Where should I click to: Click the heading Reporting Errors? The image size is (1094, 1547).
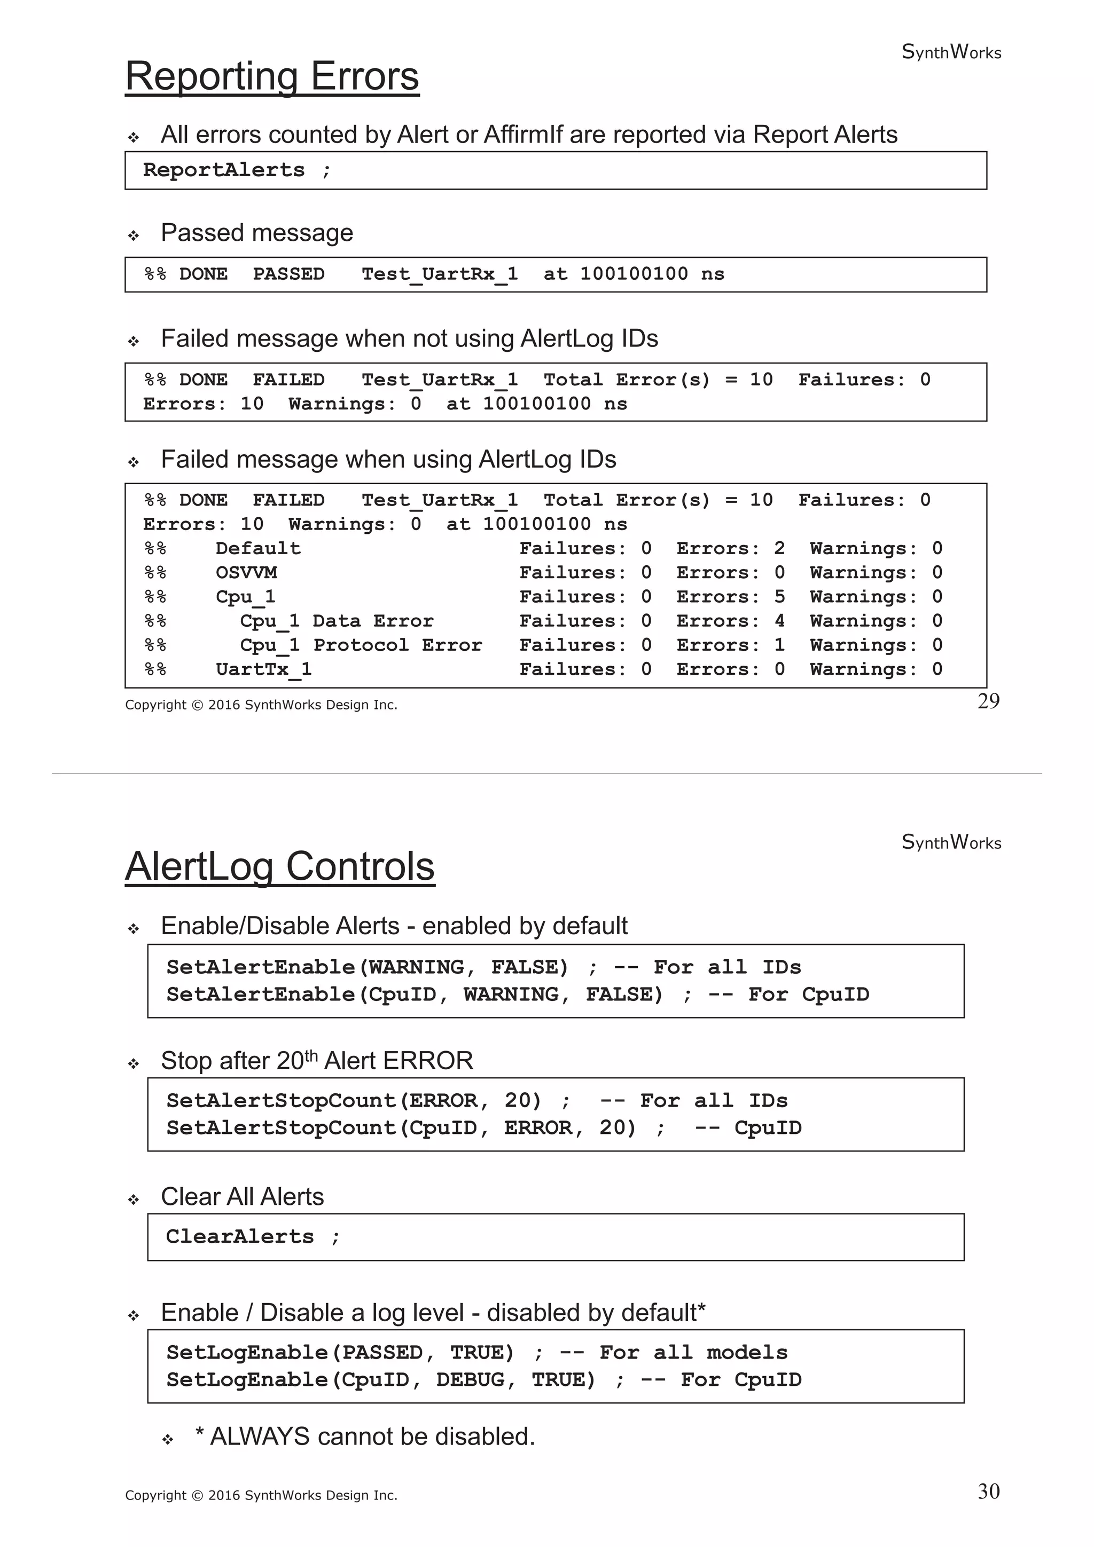[x=272, y=76]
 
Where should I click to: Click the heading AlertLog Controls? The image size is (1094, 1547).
[x=280, y=866]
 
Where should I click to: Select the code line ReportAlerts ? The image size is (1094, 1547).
[x=237, y=170]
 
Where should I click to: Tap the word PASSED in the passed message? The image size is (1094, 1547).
[x=288, y=274]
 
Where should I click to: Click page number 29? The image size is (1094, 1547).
[x=988, y=701]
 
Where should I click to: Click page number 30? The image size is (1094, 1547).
[x=988, y=1491]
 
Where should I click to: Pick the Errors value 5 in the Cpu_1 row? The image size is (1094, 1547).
[x=779, y=597]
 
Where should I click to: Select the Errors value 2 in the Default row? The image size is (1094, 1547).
[x=779, y=548]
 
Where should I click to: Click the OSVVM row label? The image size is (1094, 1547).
[x=246, y=573]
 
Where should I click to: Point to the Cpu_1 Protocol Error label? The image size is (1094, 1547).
[x=361, y=645]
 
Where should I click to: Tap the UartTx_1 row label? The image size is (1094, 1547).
[x=263, y=670]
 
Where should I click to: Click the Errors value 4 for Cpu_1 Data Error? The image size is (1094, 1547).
[x=779, y=621]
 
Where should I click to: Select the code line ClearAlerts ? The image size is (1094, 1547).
[x=253, y=1236]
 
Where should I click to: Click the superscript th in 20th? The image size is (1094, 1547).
[x=311, y=1055]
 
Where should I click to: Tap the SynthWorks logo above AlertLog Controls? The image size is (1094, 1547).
[x=951, y=842]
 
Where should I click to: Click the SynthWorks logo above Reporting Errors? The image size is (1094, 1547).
[x=951, y=52]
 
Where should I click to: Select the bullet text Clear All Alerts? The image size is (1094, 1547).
[x=242, y=1197]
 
